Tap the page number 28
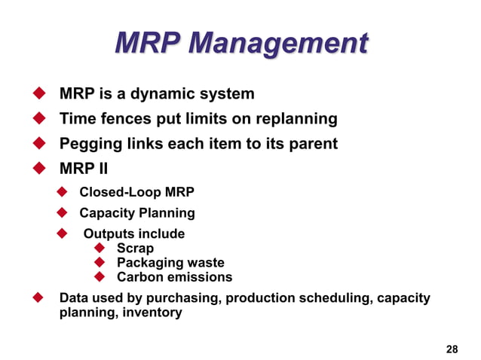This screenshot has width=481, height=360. coord(452,349)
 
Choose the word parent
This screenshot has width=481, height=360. coord(314,144)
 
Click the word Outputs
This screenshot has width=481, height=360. coord(110,234)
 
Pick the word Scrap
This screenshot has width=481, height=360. coord(135,248)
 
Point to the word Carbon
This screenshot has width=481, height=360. coord(139,276)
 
